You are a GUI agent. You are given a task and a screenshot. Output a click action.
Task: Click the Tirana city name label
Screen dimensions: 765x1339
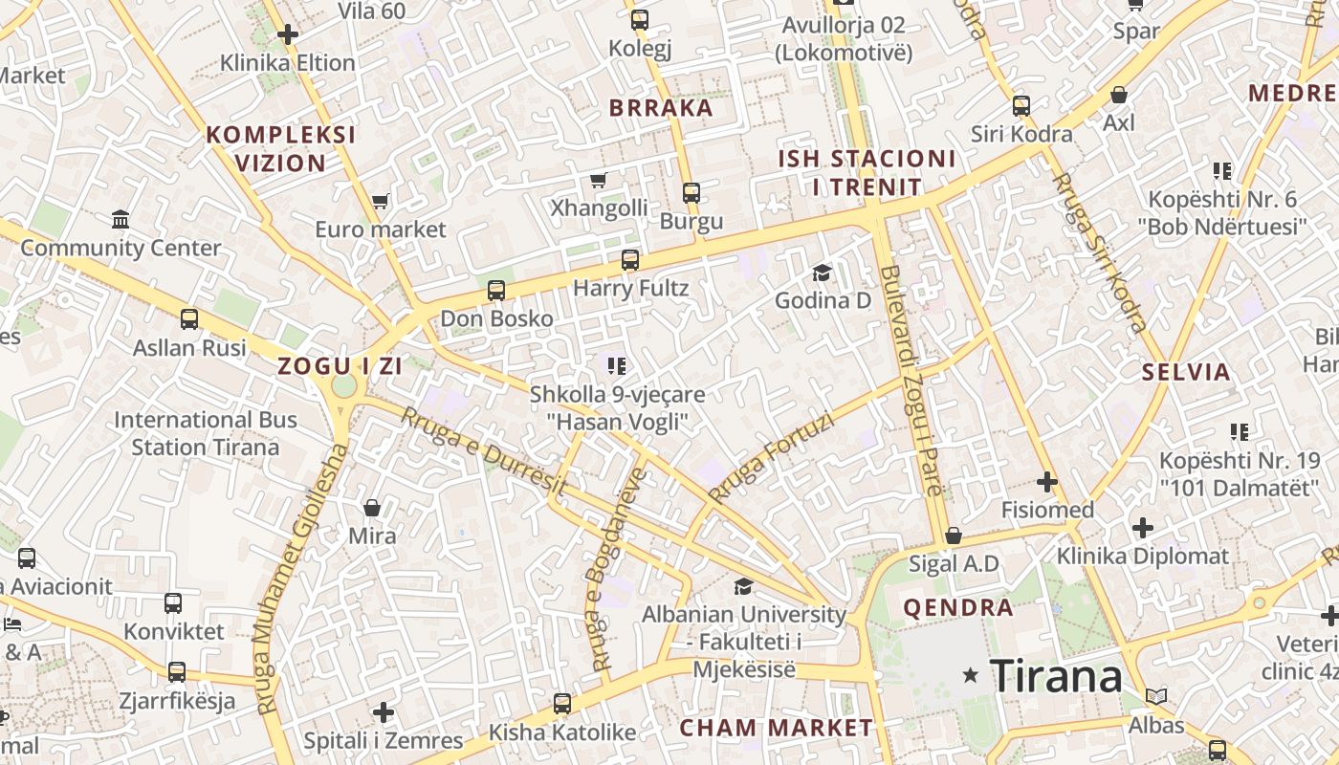(x=1056, y=676)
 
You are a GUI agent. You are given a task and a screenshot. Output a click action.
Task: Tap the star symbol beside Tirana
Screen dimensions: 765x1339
(x=971, y=675)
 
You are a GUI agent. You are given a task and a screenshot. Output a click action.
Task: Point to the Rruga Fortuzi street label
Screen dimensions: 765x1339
(x=771, y=458)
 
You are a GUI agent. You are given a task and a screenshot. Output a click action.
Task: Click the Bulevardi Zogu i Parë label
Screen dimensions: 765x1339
(x=911, y=380)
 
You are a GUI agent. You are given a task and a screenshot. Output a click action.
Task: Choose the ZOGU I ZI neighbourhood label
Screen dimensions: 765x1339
(x=340, y=365)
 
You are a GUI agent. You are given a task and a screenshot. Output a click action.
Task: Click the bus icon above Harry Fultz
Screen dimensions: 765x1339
(x=629, y=259)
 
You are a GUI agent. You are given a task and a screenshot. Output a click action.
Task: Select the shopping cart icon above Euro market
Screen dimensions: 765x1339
(x=380, y=202)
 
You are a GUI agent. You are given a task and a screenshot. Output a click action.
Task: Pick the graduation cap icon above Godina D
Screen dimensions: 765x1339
(x=822, y=273)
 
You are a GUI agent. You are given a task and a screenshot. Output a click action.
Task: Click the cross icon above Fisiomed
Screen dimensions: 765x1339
(x=1047, y=481)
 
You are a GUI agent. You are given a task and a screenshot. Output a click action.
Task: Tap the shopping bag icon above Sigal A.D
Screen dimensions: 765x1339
(x=953, y=535)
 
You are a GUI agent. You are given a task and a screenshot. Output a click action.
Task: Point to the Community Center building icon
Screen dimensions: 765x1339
(x=121, y=220)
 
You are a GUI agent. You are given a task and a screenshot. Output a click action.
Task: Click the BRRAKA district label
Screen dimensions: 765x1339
(x=661, y=107)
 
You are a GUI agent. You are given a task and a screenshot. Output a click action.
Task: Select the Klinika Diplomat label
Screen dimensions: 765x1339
(x=1142, y=556)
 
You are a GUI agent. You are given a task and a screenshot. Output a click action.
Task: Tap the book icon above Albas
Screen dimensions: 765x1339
(x=1155, y=696)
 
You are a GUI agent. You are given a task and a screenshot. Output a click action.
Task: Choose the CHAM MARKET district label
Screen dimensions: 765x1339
(x=776, y=728)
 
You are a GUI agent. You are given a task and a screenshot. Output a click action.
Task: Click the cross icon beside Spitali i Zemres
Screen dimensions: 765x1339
(x=383, y=712)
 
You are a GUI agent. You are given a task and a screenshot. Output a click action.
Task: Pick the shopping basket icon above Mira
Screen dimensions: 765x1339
(x=372, y=507)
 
